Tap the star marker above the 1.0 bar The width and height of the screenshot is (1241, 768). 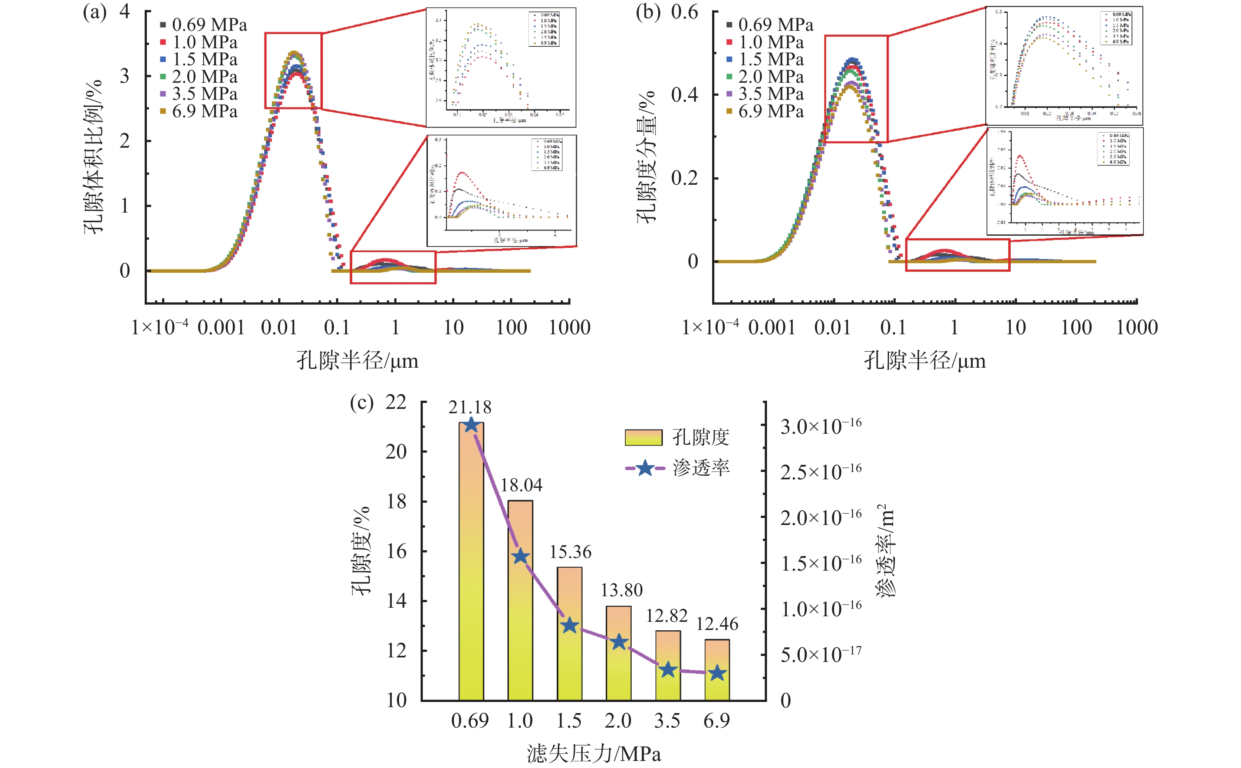pos(520,556)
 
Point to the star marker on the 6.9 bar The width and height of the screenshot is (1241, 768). pos(717,673)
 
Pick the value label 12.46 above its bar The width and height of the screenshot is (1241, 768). pos(717,624)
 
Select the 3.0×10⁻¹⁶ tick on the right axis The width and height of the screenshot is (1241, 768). pos(820,426)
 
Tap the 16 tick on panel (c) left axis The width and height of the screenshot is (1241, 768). pos(396,551)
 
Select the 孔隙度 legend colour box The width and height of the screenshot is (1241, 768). pos(643,437)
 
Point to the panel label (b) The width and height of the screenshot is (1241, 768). pos(648,11)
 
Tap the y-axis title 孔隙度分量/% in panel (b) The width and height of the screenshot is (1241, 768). pos(646,157)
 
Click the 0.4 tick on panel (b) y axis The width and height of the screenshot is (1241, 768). pos(685,95)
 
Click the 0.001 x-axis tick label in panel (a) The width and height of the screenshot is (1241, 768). pos(221,328)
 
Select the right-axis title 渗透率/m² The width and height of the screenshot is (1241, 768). pos(886,551)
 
